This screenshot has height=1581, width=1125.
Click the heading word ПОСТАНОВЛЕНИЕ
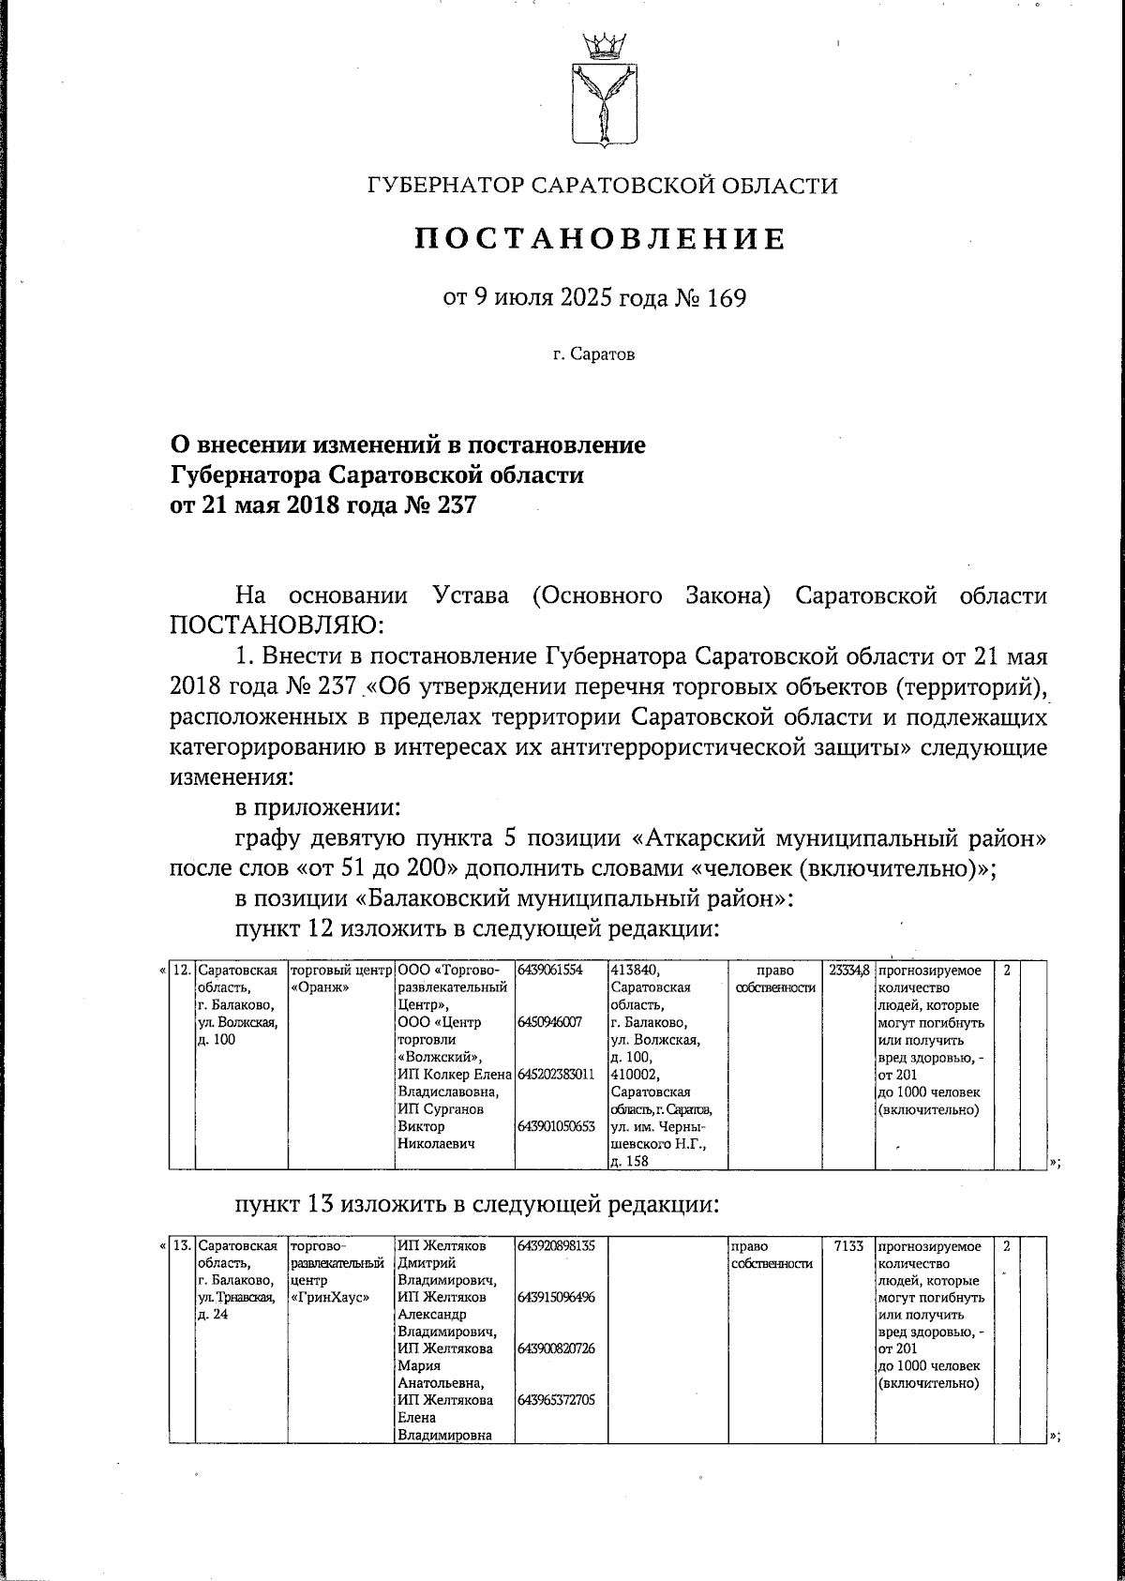coord(600,239)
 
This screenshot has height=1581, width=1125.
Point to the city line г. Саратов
coord(593,355)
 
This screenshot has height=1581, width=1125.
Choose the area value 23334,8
coord(849,970)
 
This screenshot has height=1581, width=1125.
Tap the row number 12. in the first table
coord(182,970)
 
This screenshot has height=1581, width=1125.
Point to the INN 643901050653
coord(556,1127)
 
